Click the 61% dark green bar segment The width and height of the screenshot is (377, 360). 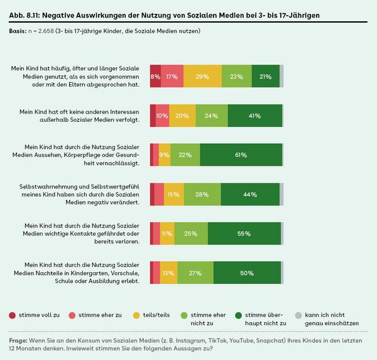point(241,155)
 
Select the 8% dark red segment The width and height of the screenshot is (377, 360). point(155,76)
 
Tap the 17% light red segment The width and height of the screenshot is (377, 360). point(172,76)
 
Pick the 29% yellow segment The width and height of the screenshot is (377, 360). point(202,76)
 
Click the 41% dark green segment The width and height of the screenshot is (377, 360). point(254,115)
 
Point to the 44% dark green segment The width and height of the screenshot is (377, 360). point(249,194)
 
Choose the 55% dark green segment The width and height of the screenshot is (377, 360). point(244,233)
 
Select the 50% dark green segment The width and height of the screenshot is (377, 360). point(248,273)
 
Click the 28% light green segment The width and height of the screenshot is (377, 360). point(202,194)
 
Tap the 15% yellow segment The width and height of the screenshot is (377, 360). point(173,194)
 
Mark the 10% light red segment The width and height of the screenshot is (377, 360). point(162,115)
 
